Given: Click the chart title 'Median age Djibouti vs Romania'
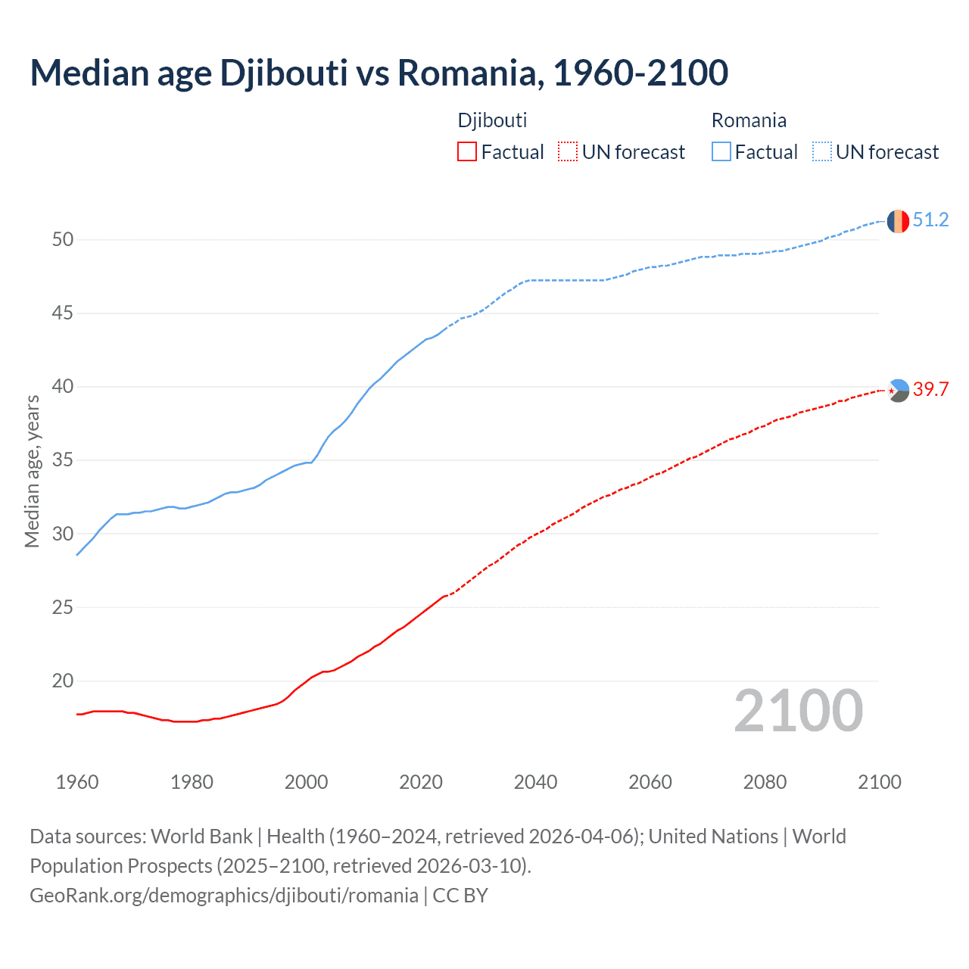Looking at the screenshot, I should coord(379,73).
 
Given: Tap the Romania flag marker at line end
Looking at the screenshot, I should coord(898,221).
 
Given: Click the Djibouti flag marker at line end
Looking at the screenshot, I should coord(898,391).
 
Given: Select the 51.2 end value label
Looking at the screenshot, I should coord(930,220).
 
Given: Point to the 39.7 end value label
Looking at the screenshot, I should coord(930,390).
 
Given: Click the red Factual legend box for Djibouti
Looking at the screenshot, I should coord(467,152).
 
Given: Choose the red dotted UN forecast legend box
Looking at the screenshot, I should coord(568,152).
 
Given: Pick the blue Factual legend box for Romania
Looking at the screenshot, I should coord(721,152).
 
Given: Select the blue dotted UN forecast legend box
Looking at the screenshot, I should coord(821,152).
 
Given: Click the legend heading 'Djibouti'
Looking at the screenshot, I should coord(492,120).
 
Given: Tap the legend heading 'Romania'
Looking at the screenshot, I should coord(749,120).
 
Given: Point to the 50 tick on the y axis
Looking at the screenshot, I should coord(63,240).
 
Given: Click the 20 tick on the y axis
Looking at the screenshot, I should coord(63,681).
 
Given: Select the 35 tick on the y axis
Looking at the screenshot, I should coord(63,460).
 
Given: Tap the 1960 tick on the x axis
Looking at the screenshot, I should coord(77,782).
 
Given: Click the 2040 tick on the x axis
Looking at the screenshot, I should coord(535,782).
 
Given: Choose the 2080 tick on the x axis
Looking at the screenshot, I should coord(765,782).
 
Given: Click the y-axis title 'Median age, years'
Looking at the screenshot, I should coord(32,471).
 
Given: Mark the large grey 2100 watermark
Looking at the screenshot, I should coord(799,710).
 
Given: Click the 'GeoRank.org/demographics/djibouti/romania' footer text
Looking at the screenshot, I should coord(224,896).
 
